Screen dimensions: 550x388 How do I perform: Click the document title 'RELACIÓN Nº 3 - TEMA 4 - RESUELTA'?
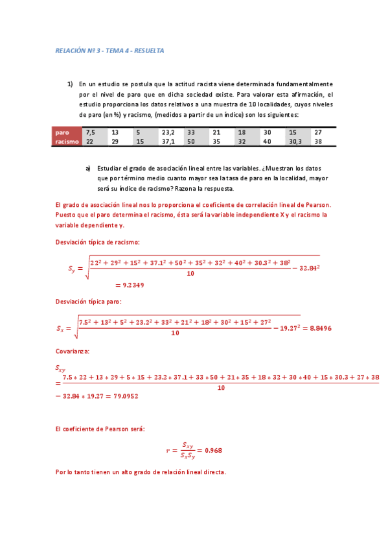tap(109, 50)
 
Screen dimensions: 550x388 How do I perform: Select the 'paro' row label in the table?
tap(63, 132)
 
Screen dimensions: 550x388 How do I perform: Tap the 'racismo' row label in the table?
tap(67, 141)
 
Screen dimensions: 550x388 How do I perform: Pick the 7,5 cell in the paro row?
tap(91, 132)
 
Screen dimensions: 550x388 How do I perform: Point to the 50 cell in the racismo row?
tap(191, 141)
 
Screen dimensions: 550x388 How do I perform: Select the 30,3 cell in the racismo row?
tap(295, 141)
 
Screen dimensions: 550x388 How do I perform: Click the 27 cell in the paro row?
tap(318, 132)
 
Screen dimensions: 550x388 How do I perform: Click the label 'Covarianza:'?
tap(73, 351)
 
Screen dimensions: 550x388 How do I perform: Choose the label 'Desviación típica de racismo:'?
tap(98, 242)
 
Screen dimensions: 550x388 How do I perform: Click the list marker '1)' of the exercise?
tap(70, 84)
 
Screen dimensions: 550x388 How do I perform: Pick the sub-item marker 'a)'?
tap(88, 167)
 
